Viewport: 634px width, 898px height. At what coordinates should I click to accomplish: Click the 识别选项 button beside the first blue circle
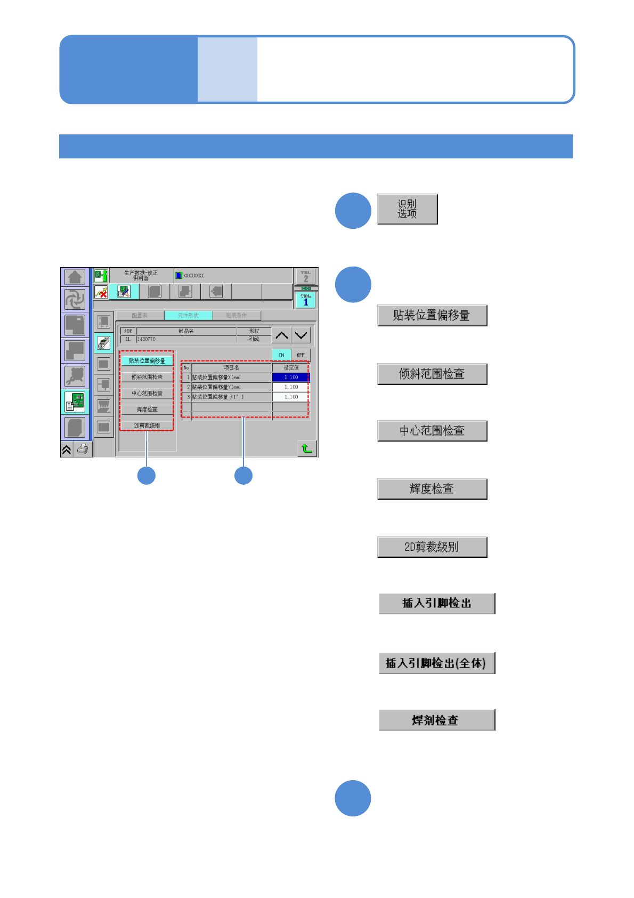pyautogui.click(x=407, y=209)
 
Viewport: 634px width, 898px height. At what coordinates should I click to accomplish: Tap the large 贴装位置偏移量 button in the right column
pyautogui.click(x=432, y=316)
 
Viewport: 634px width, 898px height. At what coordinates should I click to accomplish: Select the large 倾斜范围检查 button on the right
pyautogui.click(x=432, y=374)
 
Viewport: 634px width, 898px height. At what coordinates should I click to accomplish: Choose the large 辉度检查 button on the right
pyautogui.click(x=432, y=489)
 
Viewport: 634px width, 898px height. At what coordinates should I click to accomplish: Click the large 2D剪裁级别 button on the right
pyautogui.click(x=432, y=547)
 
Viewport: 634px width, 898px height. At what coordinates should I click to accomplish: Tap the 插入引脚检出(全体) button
pyautogui.click(x=437, y=663)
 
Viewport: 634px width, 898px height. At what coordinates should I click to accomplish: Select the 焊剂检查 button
pyautogui.click(x=437, y=720)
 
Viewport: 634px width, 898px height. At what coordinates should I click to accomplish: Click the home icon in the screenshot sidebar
pyautogui.click(x=75, y=277)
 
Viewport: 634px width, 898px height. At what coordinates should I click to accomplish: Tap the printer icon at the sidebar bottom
pyautogui.click(x=83, y=450)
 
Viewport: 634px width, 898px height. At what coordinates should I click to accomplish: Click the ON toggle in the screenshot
pyautogui.click(x=281, y=355)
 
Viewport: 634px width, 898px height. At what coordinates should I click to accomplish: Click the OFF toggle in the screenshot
pyautogui.click(x=300, y=355)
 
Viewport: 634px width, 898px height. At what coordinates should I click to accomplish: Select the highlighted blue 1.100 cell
pyautogui.click(x=290, y=378)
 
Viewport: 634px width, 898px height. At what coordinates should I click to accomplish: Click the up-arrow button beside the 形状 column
pyautogui.click(x=281, y=335)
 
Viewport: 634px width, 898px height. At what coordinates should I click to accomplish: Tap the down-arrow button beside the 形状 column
pyautogui.click(x=301, y=335)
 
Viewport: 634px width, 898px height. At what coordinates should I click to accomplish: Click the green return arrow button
pyautogui.click(x=307, y=448)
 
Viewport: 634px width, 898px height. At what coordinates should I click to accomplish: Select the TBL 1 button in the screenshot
pyautogui.click(x=305, y=300)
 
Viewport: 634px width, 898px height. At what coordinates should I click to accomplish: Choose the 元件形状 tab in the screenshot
pyautogui.click(x=188, y=316)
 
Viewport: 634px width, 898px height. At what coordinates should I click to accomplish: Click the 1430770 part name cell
pyautogui.click(x=186, y=339)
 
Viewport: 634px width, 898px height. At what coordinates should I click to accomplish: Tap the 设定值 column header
pyautogui.click(x=291, y=368)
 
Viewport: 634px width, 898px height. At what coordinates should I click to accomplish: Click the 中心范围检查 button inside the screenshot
pyautogui.click(x=147, y=394)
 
